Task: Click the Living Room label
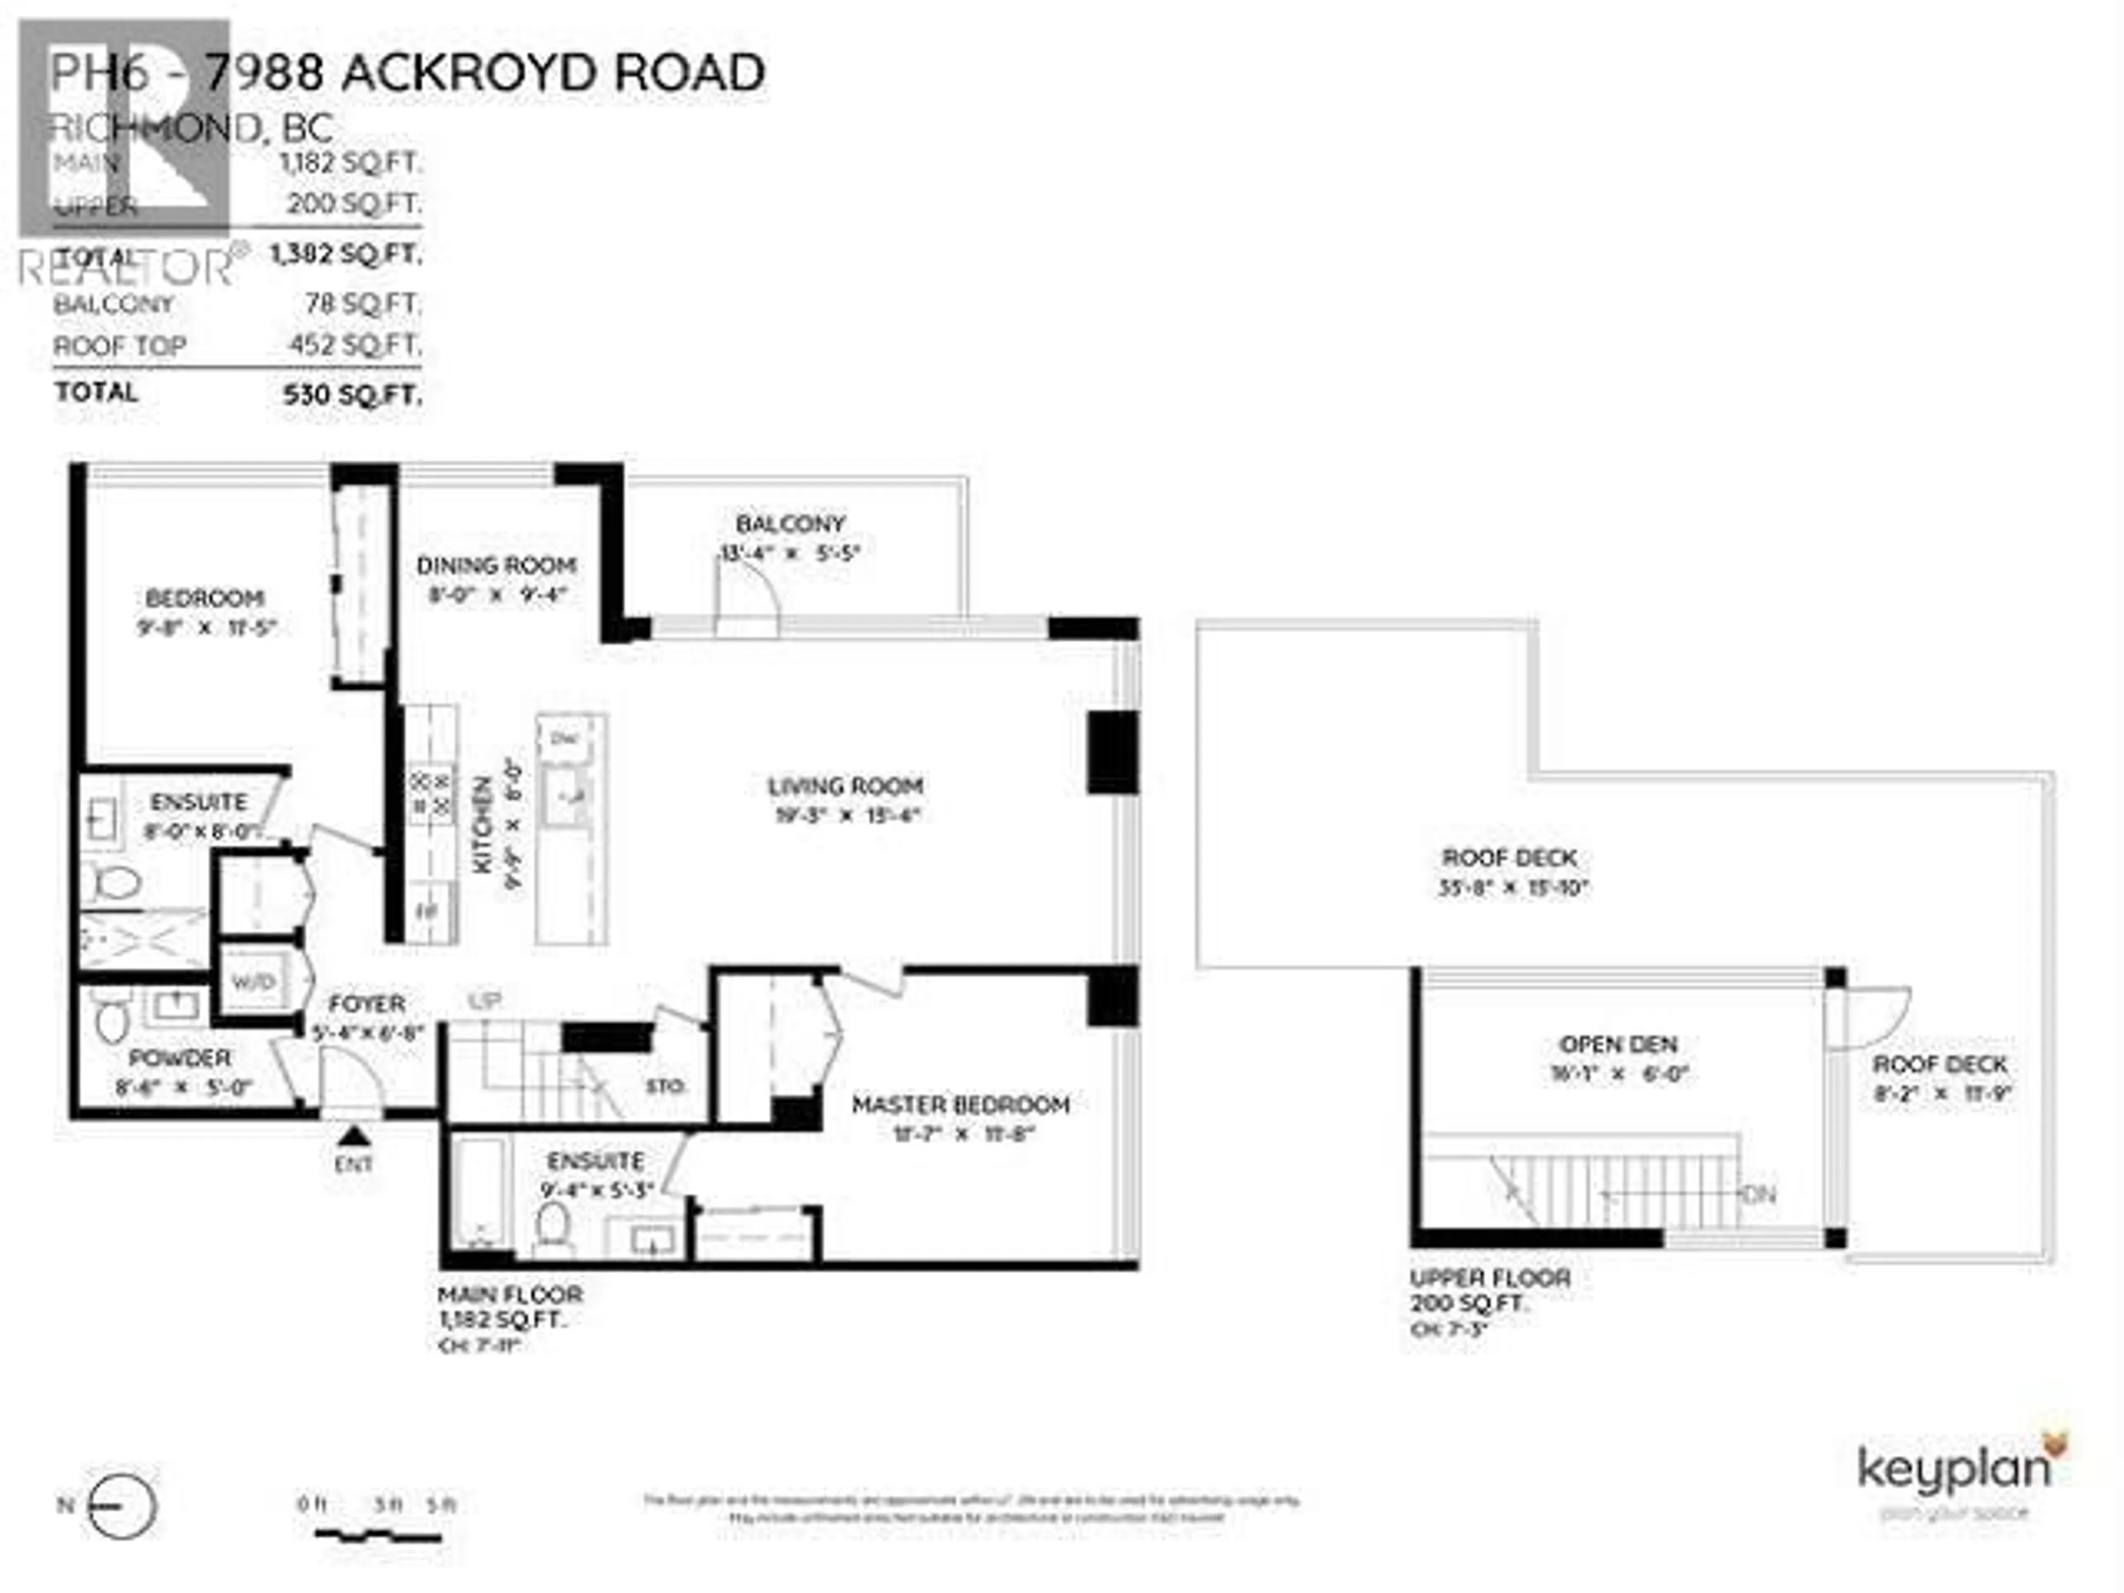[845, 787]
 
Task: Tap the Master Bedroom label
[960, 1105]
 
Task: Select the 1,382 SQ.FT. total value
[346, 254]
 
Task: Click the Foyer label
[367, 1004]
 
